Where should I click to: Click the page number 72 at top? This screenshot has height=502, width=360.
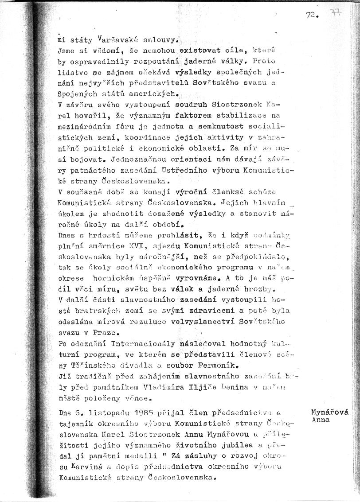(312, 15)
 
